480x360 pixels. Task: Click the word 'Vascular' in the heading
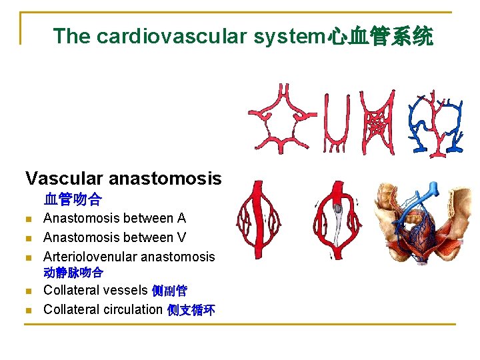pos(64,178)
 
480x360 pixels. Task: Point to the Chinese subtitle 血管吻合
pos(73,199)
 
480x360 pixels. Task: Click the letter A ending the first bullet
pos(181,218)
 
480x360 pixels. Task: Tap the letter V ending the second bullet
pos(181,237)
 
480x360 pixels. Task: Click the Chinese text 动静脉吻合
pos(73,273)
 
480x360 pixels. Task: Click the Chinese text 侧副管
pos(169,291)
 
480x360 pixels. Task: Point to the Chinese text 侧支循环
pos(191,310)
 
